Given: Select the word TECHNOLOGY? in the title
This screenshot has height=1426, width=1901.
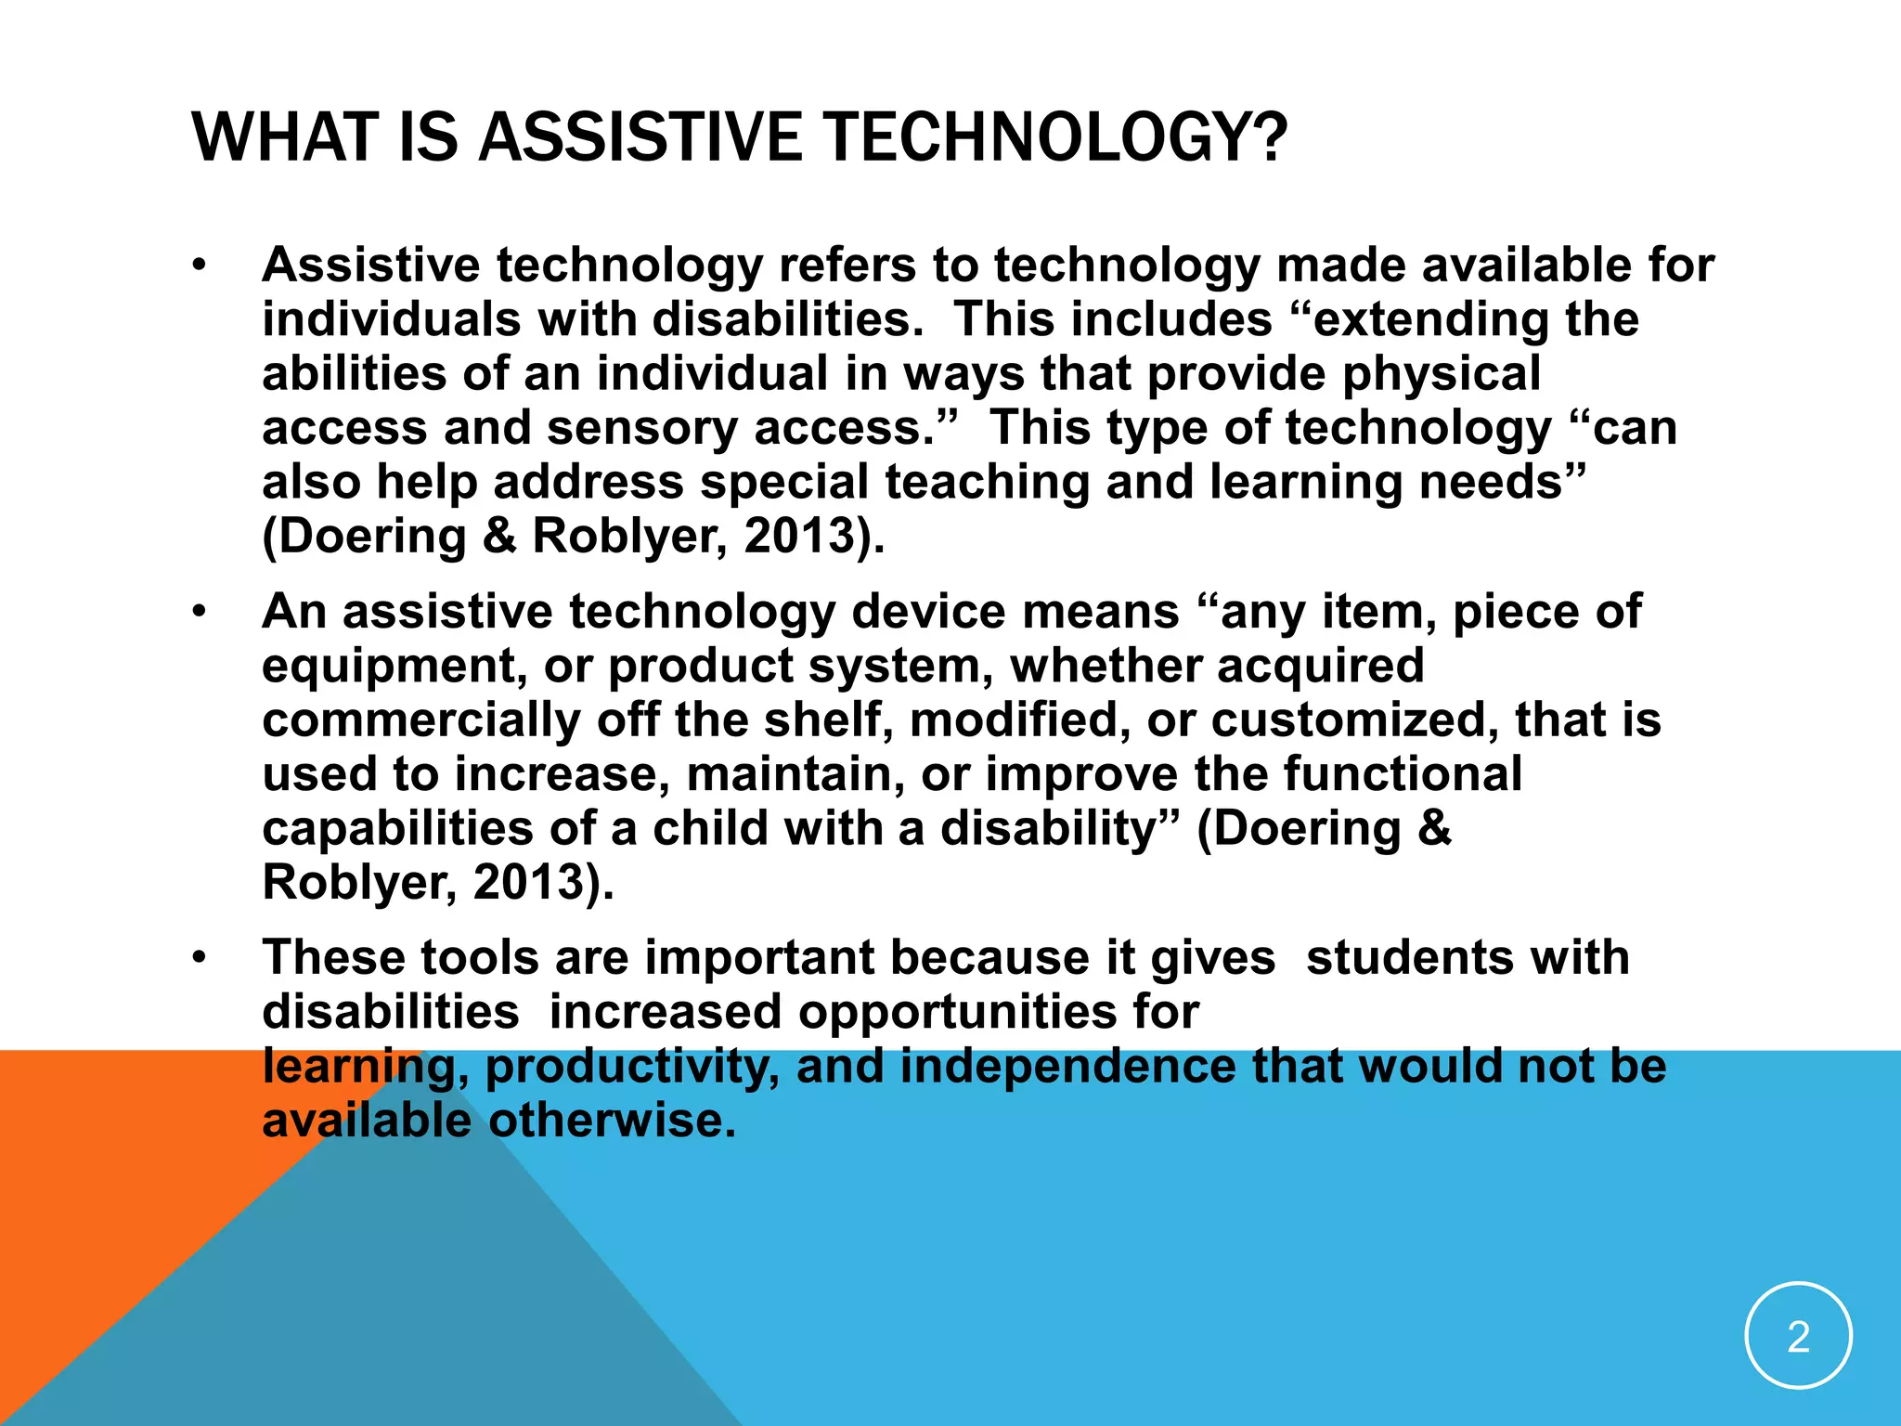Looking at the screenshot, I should click(x=1054, y=137).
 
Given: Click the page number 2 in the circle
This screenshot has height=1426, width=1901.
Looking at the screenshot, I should click(x=1798, y=1337).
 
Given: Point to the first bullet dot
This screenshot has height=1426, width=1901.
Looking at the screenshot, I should click(x=198, y=267).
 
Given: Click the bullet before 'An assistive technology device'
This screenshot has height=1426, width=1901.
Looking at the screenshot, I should click(x=198, y=614).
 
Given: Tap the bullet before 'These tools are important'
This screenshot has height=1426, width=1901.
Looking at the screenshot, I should click(x=198, y=959).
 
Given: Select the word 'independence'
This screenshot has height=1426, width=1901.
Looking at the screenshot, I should click(x=1067, y=1067).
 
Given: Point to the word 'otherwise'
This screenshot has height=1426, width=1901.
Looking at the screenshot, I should click(x=612, y=1121).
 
